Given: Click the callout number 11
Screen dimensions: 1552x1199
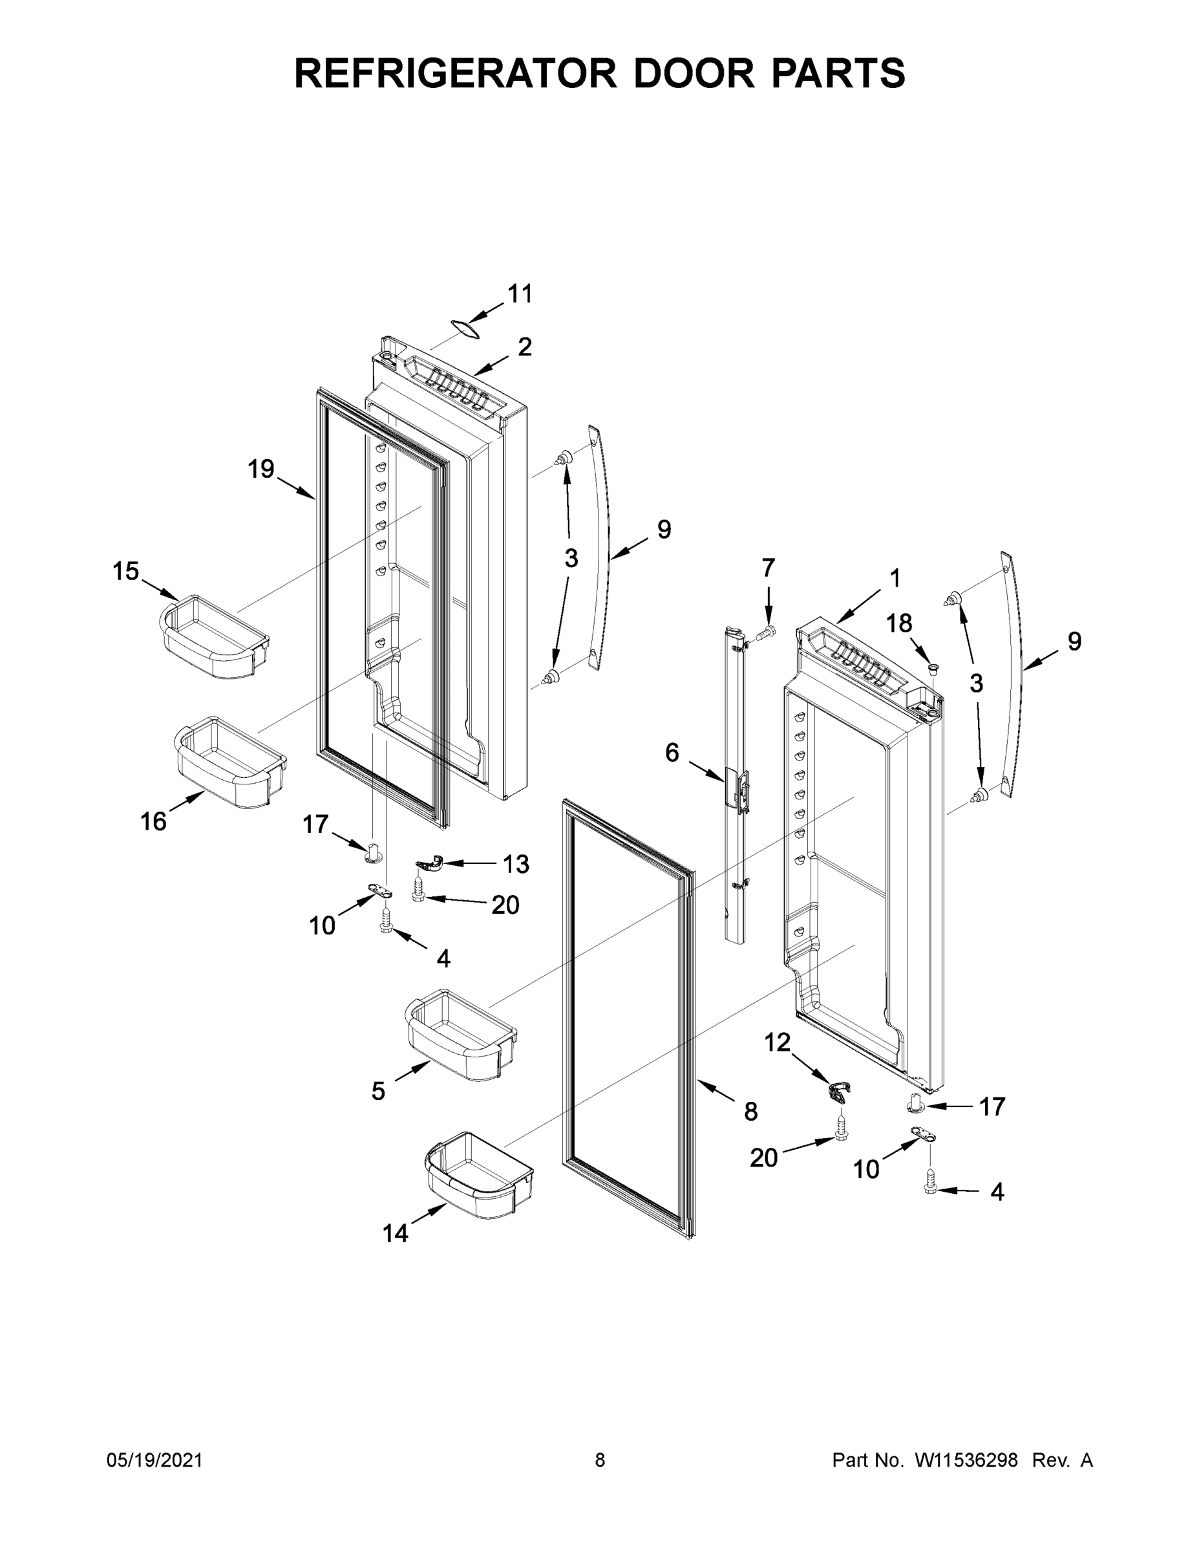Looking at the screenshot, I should click(x=520, y=294).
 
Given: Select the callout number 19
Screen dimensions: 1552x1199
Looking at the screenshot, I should click(x=260, y=469).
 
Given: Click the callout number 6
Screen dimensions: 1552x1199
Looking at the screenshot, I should click(x=672, y=753).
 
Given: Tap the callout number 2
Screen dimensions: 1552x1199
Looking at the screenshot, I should click(x=525, y=347).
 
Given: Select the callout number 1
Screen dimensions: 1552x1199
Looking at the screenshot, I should click(x=895, y=579).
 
